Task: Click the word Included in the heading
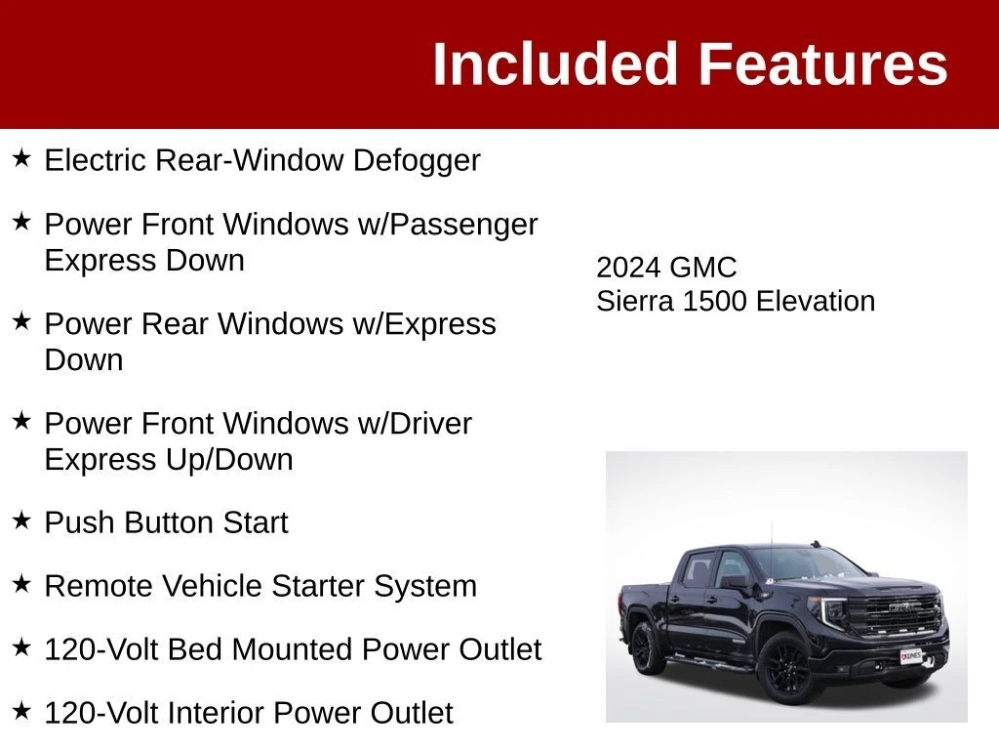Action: click(554, 63)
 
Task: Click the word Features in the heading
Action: click(823, 63)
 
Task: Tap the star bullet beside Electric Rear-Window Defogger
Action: click(21, 157)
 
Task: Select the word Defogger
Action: click(417, 161)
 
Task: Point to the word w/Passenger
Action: click(448, 226)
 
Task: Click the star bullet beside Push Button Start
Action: click(21, 520)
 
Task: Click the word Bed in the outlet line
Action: click(195, 649)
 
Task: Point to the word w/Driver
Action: click(415, 424)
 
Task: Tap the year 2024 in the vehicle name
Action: click(628, 268)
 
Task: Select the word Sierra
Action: click(634, 301)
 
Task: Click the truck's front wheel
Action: click(786, 668)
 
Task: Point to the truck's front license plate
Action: click(911, 656)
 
